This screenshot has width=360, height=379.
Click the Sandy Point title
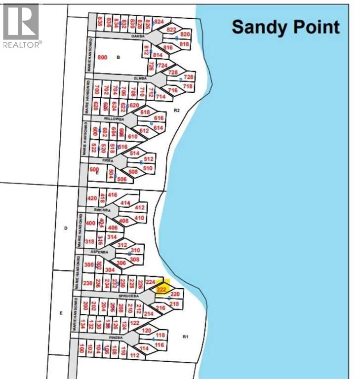pos(285,27)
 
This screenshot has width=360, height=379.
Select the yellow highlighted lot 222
pos(161,290)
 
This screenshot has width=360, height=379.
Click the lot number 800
pos(103,57)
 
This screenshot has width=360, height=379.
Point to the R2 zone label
pos(177,110)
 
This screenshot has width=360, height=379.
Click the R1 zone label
pos(186,337)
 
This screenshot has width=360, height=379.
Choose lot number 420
pos(92,198)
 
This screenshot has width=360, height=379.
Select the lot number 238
pos(88,283)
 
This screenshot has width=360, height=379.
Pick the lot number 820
pos(185,34)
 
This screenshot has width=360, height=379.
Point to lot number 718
pos(188,86)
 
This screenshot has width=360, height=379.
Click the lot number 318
pos(89,241)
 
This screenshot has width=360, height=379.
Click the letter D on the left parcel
pos(65,228)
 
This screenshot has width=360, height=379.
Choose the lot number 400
pos(90,223)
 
